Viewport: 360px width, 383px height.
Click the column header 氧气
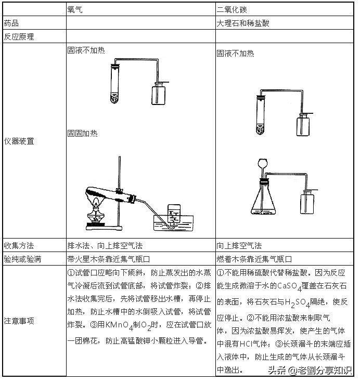point(75,10)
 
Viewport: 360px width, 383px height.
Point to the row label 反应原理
point(19,37)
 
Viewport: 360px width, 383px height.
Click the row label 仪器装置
point(19,141)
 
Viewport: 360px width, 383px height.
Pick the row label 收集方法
point(19,245)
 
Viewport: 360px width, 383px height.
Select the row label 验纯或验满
point(22,258)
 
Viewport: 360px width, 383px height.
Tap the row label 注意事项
point(19,321)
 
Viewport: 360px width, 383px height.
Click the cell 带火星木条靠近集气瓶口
point(109,258)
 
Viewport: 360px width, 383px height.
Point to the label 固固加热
point(83,134)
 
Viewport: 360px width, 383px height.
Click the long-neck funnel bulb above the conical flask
point(263,164)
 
